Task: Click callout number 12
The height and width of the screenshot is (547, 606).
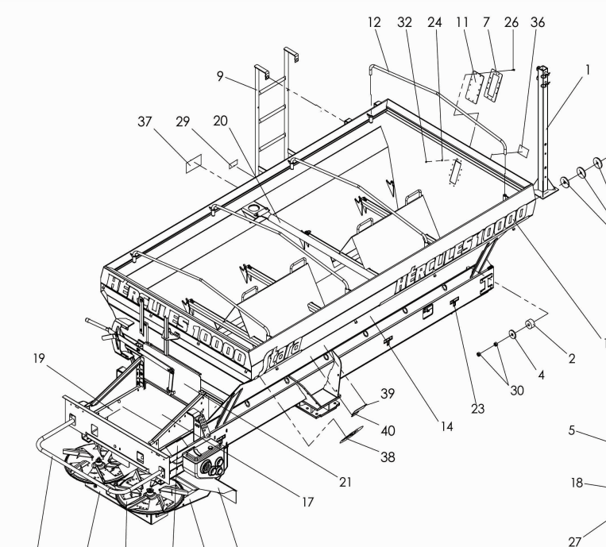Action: pyautogui.click(x=375, y=23)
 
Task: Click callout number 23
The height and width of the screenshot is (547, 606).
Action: pyautogui.click(x=477, y=409)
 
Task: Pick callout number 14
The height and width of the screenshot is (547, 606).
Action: pyautogui.click(x=447, y=427)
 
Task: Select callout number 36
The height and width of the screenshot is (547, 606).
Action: pyautogui.click(x=538, y=23)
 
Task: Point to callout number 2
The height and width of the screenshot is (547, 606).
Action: pyautogui.click(x=572, y=358)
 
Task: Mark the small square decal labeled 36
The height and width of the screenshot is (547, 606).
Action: pyautogui.click(x=524, y=149)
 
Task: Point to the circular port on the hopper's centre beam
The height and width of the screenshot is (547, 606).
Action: pyautogui.click(x=256, y=210)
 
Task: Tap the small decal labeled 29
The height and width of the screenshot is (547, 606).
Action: pyautogui.click(x=233, y=163)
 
